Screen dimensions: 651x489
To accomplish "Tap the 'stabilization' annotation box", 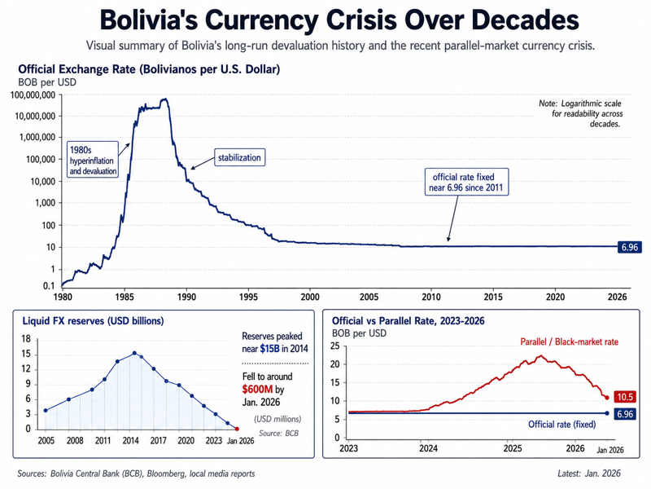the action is tap(239, 157).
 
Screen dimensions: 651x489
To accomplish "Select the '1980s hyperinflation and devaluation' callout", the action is tap(93, 160).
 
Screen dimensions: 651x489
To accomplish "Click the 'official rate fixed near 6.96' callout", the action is tap(466, 182).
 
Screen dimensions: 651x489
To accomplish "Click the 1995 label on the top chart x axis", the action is tap(248, 297).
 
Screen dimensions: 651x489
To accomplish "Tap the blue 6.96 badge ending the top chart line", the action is tap(629, 248).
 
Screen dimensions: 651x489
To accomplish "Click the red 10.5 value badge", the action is tap(625, 397).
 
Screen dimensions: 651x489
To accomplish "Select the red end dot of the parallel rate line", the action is tap(607, 398).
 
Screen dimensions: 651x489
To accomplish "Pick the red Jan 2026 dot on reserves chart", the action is tap(237, 430).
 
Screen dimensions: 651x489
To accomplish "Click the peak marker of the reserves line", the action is tap(134, 353).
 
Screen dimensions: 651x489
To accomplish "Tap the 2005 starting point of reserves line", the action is tap(46, 411).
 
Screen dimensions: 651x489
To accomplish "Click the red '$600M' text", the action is tap(257, 390).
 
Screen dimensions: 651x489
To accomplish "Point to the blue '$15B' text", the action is tap(269, 349).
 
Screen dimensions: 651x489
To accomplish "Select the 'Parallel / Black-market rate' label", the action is tap(569, 341).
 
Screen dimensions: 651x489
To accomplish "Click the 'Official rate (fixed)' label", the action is tap(561, 425).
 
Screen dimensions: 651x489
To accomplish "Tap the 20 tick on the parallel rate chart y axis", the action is tap(334, 364).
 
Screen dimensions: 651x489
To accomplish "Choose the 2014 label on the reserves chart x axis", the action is tap(130, 441).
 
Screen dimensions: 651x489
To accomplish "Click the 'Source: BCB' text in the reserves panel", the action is tap(278, 434).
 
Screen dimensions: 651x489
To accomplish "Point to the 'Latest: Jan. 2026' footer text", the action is tap(589, 474).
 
